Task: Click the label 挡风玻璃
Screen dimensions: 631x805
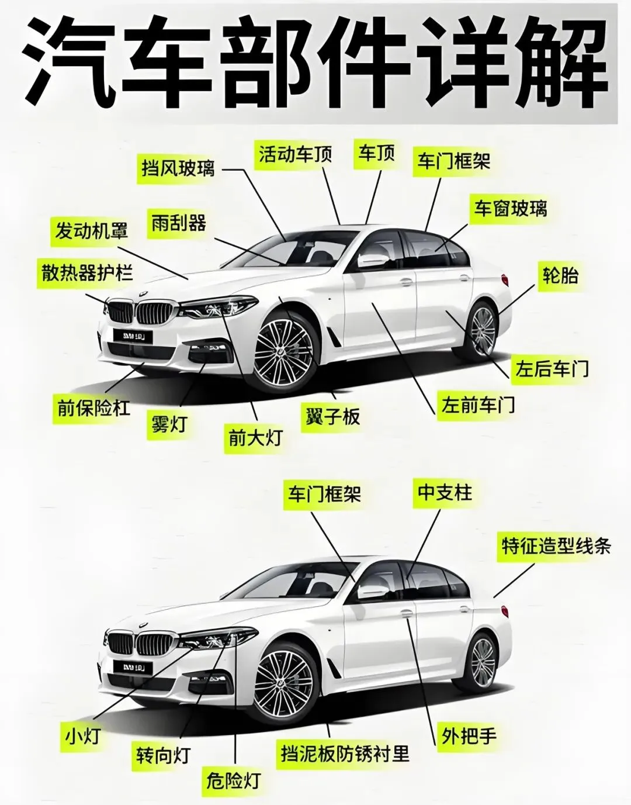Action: point(178,168)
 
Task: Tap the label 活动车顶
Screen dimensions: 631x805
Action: point(296,154)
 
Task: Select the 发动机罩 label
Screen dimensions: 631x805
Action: point(91,230)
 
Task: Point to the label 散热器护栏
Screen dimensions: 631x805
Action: point(87,272)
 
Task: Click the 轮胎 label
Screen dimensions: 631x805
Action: point(560,274)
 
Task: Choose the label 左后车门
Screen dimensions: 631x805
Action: point(551,368)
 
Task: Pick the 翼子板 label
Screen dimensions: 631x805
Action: point(332,417)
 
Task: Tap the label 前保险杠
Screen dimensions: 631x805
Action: point(93,407)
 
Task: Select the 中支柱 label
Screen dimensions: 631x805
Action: point(445,492)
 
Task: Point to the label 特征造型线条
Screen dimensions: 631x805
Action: point(556,546)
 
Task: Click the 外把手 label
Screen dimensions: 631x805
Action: point(469,735)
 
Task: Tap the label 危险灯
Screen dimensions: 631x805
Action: point(233,780)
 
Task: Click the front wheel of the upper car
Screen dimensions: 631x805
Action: point(285,351)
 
